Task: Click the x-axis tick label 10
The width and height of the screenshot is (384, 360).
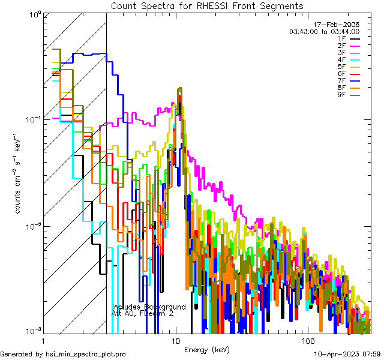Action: click(x=175, y=341)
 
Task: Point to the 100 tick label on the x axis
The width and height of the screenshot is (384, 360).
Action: click(x=307, y=341)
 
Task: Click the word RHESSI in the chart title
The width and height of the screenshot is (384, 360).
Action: click(x=215, y=5)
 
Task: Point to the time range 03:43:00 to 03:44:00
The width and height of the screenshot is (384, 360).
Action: click(x=325, y=31)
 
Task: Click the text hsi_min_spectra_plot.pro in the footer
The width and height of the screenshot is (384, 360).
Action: click(x=86, y=354)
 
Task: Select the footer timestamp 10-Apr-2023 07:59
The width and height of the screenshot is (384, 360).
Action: click(x=347, y=354)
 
